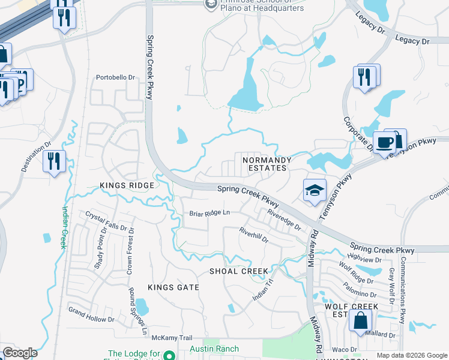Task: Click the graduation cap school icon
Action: coord(315,191)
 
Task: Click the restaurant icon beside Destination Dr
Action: coord(55,161)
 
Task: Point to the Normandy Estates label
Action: coord(267,164)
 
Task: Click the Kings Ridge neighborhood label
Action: coord(127,185)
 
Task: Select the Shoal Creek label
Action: coord(238,271)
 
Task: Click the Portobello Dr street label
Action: coord(116,77)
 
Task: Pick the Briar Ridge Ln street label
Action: coord(209,213)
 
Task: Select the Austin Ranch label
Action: coord(214,349)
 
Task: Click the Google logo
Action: coord(20,353)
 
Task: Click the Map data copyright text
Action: coord(411,355)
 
